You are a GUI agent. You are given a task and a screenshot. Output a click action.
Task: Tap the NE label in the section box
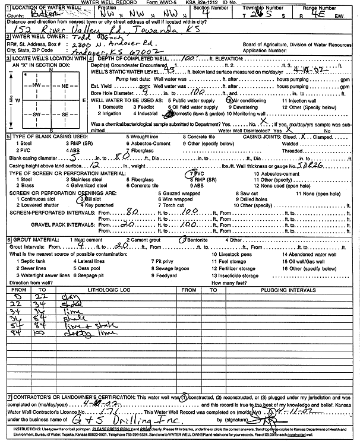(x=65, y=86)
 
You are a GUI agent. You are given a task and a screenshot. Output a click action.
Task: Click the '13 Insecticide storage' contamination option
(x=230, y=275)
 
